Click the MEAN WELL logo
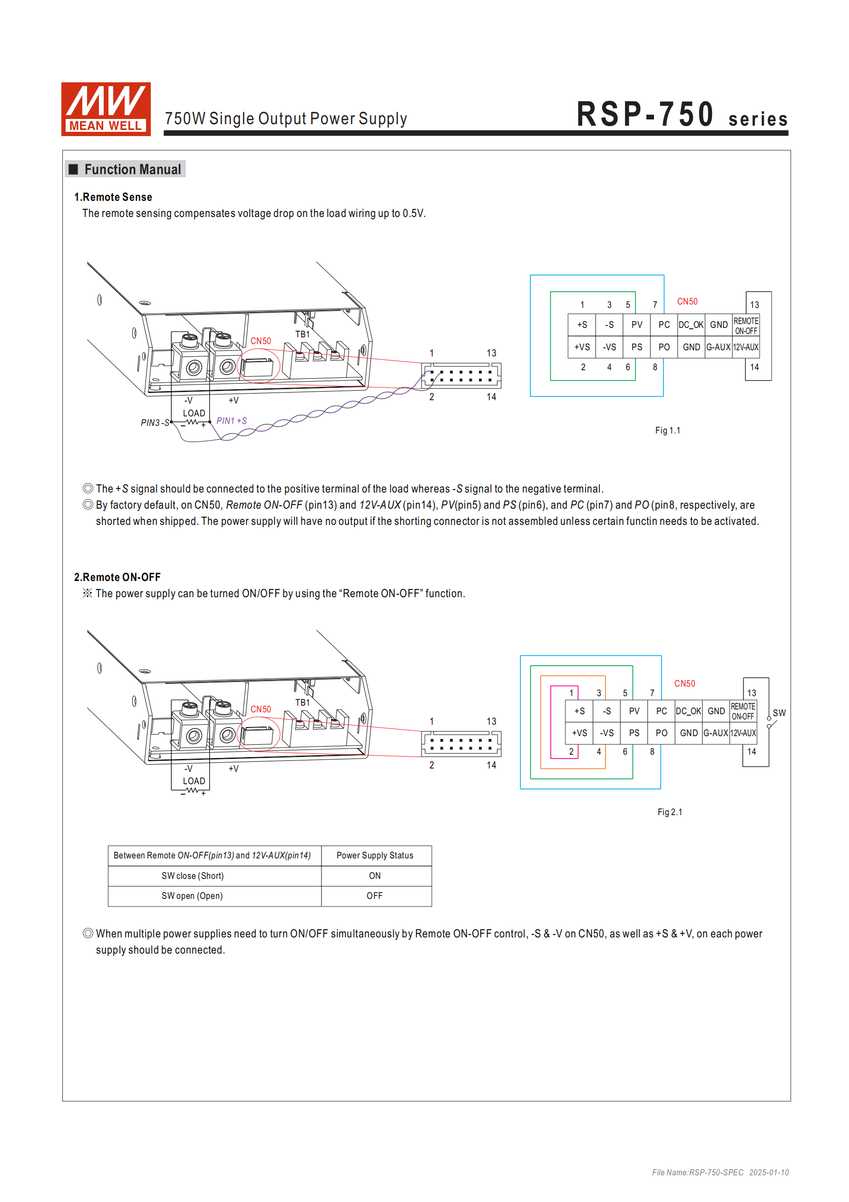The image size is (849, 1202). click(x=106, y=109)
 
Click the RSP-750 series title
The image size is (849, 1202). click(x=682, y=115)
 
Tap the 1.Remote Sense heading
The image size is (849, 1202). click(x=113, y=197)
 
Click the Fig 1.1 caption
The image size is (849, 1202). click(x=667, y=430)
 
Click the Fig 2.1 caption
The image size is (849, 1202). click(x=670, y=812)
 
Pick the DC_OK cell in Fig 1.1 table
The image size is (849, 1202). click(x=691, y=325)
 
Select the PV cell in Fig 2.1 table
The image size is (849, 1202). click(x=634, y=711)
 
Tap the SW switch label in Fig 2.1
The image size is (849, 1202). click(x=779, y=713)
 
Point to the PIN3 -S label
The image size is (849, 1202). click(x=155, y=423)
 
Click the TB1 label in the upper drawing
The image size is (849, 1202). click(x=302, y=334)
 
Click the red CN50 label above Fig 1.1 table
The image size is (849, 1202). click(x=687, y=302)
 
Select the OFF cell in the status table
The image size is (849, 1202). click(x=374, y=896)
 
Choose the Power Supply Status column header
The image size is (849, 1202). click(x=374, y=856)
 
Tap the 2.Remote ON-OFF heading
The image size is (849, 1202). click(x=117, y=577)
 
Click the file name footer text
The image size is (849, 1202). click(x=720, y=1172)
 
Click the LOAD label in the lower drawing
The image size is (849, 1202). click(x=194, y=781)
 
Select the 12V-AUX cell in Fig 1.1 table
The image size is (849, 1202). click(x=745, y=347)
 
